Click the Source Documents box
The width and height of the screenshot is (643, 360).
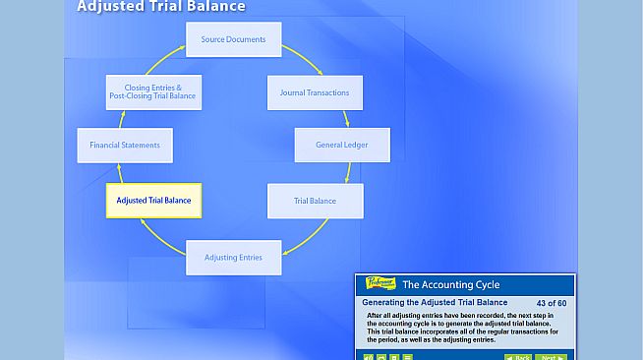point(233,39)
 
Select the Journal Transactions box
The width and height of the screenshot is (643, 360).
point(314,92)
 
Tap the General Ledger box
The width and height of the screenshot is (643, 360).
point(342,145)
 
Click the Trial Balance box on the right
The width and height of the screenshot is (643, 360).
point(315,201)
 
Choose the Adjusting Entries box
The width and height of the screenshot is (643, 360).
point(233,258)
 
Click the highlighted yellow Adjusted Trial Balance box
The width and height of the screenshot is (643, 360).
point(153,201)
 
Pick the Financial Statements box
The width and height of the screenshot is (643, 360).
point(124,145)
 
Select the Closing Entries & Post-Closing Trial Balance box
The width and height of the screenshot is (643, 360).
point(152,92)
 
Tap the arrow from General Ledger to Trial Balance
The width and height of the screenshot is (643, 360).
point(348,172)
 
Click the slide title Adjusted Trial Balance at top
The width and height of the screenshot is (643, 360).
point(161,7)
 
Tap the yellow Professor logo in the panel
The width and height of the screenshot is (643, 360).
point(380,284)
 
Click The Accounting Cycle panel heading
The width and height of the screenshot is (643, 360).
point(451,284)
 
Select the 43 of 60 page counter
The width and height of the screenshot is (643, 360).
point(552,302)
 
